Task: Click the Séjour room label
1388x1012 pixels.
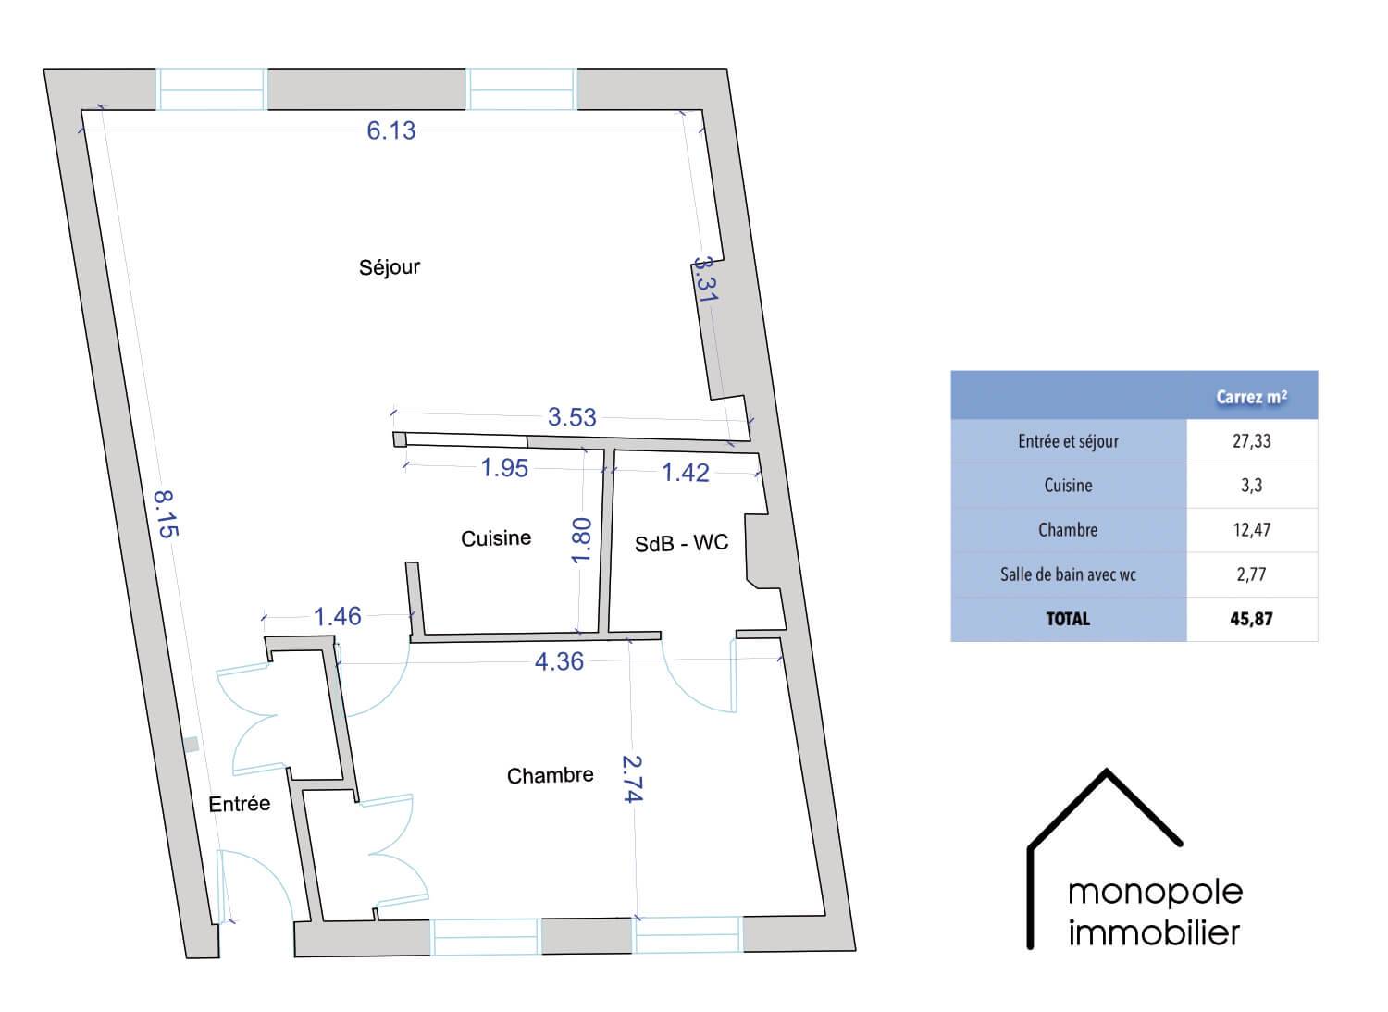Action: pos(390,267)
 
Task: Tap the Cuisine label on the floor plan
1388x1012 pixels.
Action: pos(496,538)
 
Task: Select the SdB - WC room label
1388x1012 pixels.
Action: pos(681,543)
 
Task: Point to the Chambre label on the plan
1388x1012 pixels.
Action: pos(551,775)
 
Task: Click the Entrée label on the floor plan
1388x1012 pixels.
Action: pos(239,804)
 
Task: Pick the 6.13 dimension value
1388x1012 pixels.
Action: pos(391,130)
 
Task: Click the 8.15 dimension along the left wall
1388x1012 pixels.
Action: pos(166,514)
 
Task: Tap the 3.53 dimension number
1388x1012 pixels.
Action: pos(572,417)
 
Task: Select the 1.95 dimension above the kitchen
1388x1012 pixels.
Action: pos(504,468)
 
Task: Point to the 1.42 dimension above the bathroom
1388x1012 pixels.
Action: pos(686,474)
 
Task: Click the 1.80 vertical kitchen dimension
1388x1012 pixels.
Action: pos(580,540)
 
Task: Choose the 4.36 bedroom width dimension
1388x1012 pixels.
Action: pos(559,661)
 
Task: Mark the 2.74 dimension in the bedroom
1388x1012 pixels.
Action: pos(633,779)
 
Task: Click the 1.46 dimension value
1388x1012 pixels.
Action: pos(337,616)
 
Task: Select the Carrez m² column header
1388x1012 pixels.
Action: pos(1251,397)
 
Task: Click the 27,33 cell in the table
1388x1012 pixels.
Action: pos(1251,441)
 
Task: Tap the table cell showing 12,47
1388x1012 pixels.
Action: pos(1251,530)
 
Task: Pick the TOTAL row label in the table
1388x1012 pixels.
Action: pos(1068,619)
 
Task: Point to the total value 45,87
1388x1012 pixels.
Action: pos(1251,619)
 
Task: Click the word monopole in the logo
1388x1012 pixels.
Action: pos(1155,893)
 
